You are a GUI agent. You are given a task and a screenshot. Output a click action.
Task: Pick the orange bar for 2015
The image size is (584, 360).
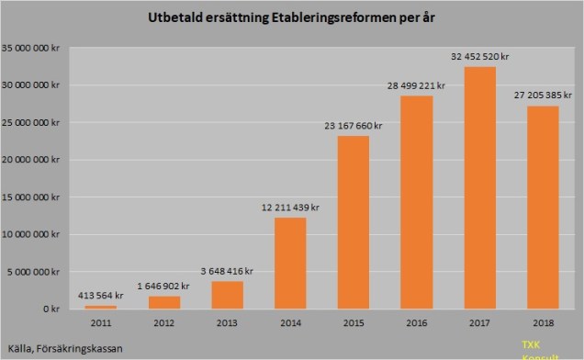[354, 222]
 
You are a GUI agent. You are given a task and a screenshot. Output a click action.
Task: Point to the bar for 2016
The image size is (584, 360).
[417, 202]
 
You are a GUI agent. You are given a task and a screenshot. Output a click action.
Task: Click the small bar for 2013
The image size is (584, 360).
[229, 295]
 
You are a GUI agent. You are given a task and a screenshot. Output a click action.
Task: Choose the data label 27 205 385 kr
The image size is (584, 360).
[542, 95]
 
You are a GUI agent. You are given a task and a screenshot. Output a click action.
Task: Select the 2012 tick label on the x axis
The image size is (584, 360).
[165, 323]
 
